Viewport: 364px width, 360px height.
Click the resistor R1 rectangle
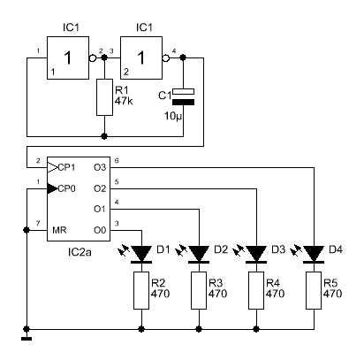[104, 97]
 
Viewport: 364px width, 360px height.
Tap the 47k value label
[124, 101]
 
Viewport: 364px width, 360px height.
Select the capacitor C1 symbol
[183, 96]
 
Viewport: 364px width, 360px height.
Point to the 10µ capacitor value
[173, 116]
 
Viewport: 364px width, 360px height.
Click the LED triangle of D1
[141, 253]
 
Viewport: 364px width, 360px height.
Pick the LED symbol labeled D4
[314, 254]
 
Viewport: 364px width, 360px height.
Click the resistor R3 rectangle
[199, 290]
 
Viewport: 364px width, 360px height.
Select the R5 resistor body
[314, 290]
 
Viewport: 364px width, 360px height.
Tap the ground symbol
[27, 339]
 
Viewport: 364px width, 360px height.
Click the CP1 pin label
[66, 167]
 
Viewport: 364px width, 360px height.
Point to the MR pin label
[59, 230]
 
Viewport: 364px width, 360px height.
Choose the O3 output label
[100, 167]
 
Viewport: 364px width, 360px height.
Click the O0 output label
[100, 230]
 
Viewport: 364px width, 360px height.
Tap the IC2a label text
[80, 252]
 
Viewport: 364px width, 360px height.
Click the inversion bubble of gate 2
[166, 58]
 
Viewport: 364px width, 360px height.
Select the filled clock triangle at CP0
[52, 188]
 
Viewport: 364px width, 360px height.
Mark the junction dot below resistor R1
[104, 136]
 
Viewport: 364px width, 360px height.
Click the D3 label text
[278, 249]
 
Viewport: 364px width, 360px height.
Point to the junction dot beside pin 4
[183, 57]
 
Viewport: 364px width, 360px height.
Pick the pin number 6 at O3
[117, 161]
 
